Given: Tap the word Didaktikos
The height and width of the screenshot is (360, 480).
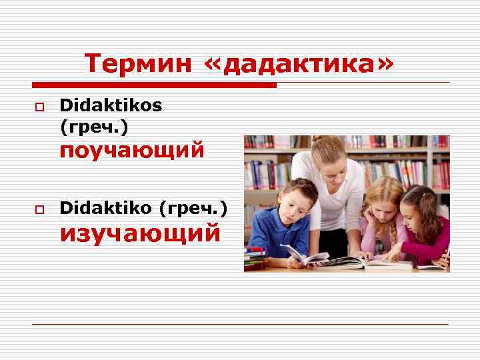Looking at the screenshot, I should tap(110, 105).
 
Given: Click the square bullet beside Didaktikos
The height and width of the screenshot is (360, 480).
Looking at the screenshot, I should tap(39, 107).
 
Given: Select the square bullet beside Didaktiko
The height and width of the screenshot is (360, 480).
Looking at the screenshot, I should tap(39, 210).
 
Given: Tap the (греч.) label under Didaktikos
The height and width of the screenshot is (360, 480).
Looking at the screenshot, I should tap(93, 125).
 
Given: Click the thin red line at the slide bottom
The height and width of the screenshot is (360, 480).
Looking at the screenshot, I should tap(240, 325).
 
